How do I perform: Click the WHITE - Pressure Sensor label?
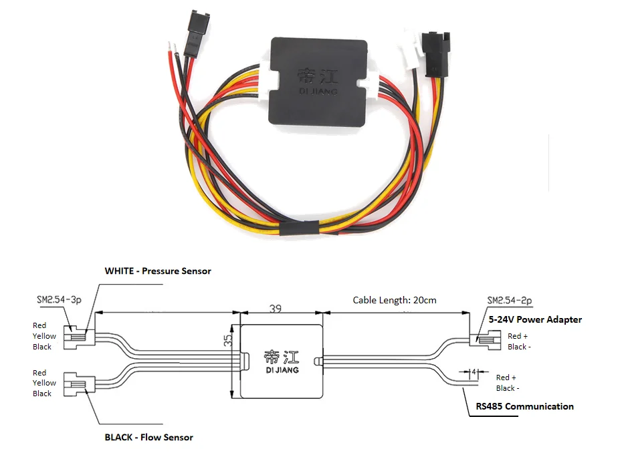158,271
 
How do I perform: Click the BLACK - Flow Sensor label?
148,438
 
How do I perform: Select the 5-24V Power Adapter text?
535,319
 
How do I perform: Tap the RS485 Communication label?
524,406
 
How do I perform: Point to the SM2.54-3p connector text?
59,301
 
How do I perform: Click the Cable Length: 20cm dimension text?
395,300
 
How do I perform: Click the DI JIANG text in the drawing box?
282,369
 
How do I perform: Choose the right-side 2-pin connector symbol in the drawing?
487,341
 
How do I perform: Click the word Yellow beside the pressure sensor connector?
44,336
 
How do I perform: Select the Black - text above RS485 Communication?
507,388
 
